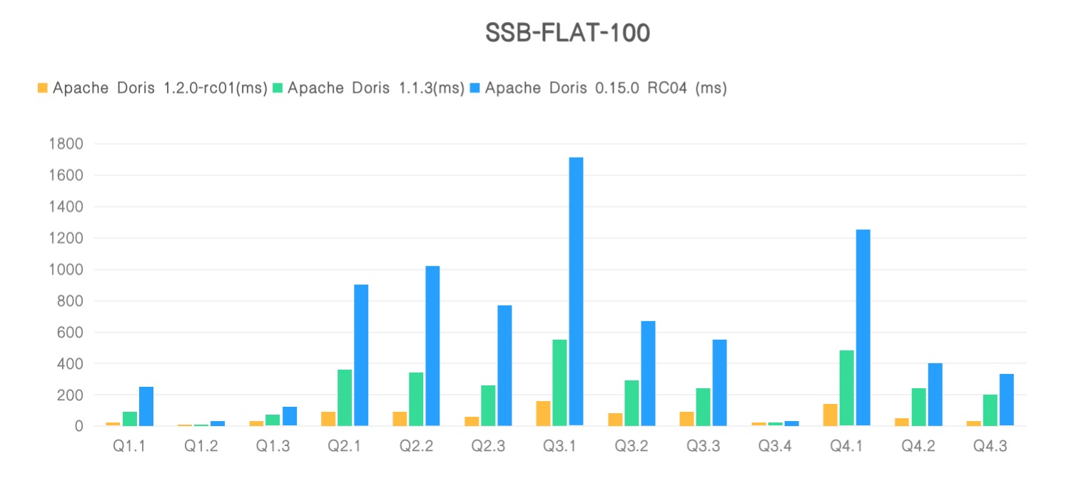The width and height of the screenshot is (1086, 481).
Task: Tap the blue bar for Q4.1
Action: (863, 328)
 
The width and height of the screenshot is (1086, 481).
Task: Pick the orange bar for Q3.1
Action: (543, 413)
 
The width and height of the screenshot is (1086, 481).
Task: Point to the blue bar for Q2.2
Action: (432, 346)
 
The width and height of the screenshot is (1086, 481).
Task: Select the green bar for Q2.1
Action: (345, 398)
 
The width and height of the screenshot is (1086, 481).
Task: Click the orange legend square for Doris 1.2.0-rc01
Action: (42, 88)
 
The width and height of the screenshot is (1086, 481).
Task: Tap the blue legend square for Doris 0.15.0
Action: (476, 88)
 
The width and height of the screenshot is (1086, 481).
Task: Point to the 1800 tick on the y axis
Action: (66, 144)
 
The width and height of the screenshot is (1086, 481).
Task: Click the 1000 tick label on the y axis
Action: (66, 270)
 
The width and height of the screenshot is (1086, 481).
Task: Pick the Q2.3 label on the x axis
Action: (488, 446)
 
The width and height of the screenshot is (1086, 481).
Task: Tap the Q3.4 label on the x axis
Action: (775, 446)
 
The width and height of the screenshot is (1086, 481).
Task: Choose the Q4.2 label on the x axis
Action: (918, 446)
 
